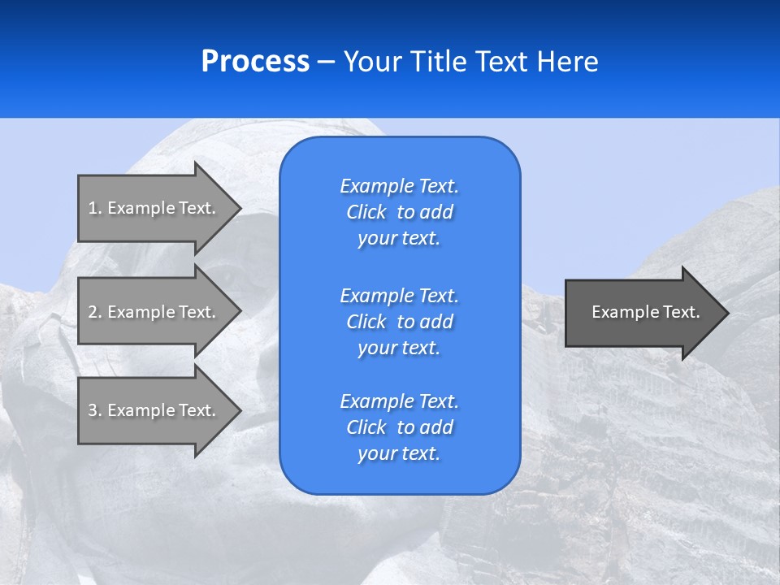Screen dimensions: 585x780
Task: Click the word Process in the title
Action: point(255,62)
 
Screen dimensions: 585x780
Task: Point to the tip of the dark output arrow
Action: point(726,313)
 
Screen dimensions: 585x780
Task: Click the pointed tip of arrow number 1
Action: point(238,208)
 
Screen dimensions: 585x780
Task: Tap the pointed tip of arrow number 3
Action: point(238,410)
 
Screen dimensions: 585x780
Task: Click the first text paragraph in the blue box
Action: point(399,212)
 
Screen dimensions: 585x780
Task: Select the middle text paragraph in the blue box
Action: point(399,321)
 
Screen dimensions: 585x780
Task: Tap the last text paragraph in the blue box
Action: point(399,427)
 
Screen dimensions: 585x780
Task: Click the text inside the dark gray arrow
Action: point(645,312)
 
